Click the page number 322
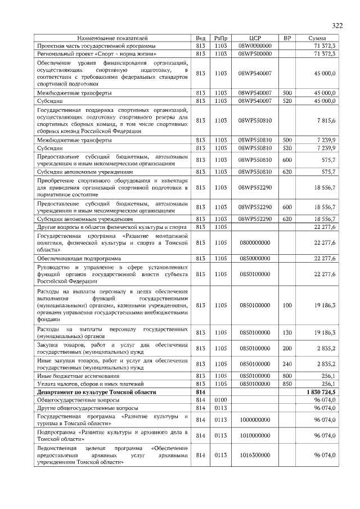point(337,25)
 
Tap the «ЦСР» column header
point(254,38)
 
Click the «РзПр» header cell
point(220,38)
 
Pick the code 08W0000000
point(255,45)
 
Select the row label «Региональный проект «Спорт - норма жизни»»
point(93,53)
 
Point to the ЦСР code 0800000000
point(254,242)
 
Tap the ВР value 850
point(287,384)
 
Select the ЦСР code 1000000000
point(254,420)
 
